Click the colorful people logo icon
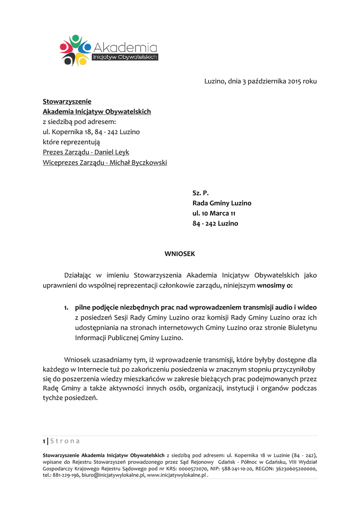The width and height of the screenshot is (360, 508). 74,50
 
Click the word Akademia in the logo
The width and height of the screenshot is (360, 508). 125,48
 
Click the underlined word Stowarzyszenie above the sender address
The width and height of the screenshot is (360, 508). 67,102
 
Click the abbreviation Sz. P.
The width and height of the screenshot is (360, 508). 200,193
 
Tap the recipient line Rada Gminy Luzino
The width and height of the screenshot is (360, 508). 222,203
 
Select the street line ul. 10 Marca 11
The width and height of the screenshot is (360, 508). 214,213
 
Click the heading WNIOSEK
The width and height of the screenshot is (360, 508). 180,254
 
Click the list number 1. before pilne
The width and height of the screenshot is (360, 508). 66,308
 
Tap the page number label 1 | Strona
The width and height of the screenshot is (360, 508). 62,441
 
